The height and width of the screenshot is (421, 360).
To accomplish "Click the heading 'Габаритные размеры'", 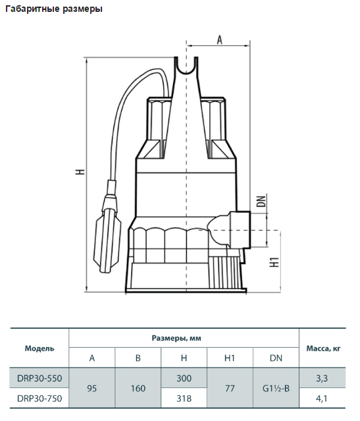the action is (x=54, y=9).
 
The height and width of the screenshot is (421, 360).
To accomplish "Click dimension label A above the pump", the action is (x=219, y=40).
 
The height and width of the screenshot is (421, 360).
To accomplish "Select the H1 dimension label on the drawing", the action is (x=274, y=262).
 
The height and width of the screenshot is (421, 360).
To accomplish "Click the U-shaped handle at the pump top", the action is (x=186, y=66).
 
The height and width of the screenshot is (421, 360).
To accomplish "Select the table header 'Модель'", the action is (x=39, y=349).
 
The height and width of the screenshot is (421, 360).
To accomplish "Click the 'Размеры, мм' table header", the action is (x=176, y=338).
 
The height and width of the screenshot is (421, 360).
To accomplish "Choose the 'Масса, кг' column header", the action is (x=323, y=349).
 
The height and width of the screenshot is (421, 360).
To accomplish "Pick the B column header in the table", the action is (x=138, y=358).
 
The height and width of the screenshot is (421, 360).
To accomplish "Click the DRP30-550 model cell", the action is (x=39, y=378).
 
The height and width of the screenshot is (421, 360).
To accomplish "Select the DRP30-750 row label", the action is (x=39, y=399).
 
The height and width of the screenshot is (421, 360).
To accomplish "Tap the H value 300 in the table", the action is (x=184, y=378).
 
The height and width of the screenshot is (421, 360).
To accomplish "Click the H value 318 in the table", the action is (x=184, y=399).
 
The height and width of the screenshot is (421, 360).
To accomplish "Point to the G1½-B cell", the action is (x=276, y=388).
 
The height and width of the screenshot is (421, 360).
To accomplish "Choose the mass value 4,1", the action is (x=321, y=399).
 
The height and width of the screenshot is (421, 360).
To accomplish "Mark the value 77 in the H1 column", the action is (x=230, y=388).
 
